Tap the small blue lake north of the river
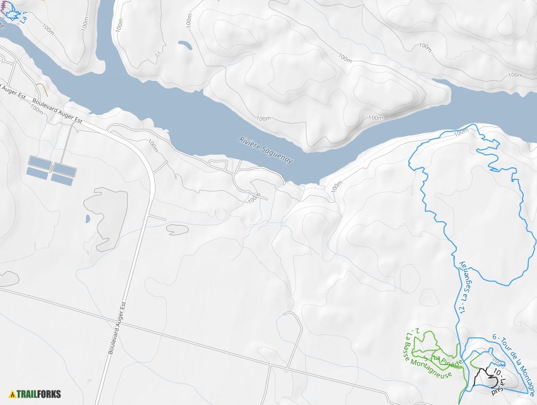(x=185, y=45)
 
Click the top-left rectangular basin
(x=39, y=164)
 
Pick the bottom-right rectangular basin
(x=63, y=179)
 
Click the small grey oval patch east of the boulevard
(x=178, y=230)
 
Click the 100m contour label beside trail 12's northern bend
(x=461, y=131)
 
